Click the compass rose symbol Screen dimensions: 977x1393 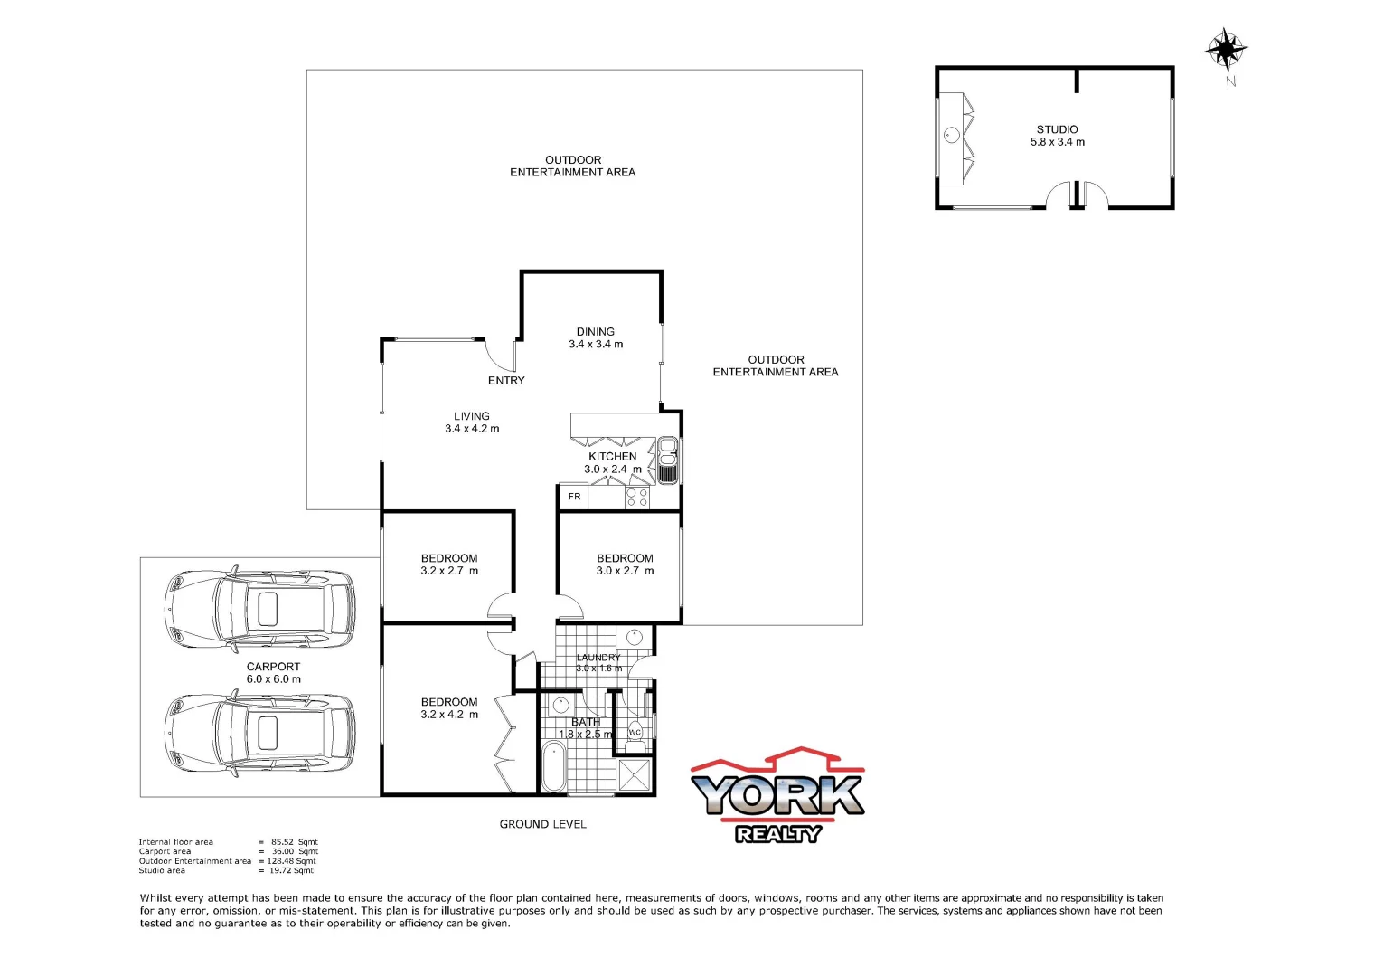1226,49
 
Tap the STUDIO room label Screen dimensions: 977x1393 1057,136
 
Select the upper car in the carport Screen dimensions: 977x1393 260,609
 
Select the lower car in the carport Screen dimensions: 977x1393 260,733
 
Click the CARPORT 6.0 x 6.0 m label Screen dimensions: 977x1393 273,673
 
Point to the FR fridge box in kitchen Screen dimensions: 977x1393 574,497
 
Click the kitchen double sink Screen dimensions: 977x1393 668,460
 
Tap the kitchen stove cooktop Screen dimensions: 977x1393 636,497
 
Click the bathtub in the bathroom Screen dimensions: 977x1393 552,767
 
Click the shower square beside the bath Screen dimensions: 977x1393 636,776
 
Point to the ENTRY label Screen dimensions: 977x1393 506,381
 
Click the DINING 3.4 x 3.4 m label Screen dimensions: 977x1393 595,338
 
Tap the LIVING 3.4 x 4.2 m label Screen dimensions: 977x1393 472,422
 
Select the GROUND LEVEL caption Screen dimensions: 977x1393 542,824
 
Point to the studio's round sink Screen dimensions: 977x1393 951,136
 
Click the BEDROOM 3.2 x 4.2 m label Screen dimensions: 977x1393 449,708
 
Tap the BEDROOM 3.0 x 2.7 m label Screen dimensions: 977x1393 625,564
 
